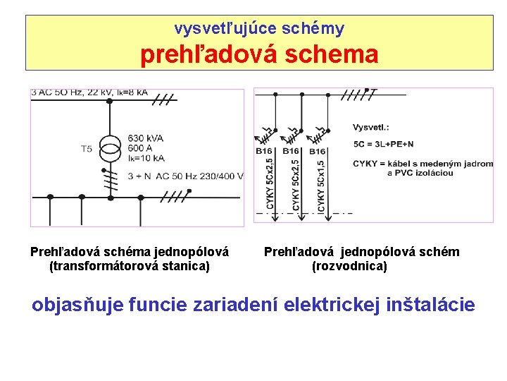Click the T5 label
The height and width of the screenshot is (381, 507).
[86, 149]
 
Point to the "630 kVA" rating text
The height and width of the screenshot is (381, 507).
[146, 138]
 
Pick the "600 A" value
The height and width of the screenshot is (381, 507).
[140, 147]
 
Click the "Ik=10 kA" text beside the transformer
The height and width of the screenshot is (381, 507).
[146, 158]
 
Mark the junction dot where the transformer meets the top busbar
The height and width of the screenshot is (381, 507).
[109, 101]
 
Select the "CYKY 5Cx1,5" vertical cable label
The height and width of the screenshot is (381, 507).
[320, 181]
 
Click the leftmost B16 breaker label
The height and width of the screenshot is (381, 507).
[265, 151]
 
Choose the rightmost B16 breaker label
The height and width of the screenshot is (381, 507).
[317, 151]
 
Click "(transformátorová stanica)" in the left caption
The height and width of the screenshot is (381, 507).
[130, 266]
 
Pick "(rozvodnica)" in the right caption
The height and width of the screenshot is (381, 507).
[349, 266]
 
